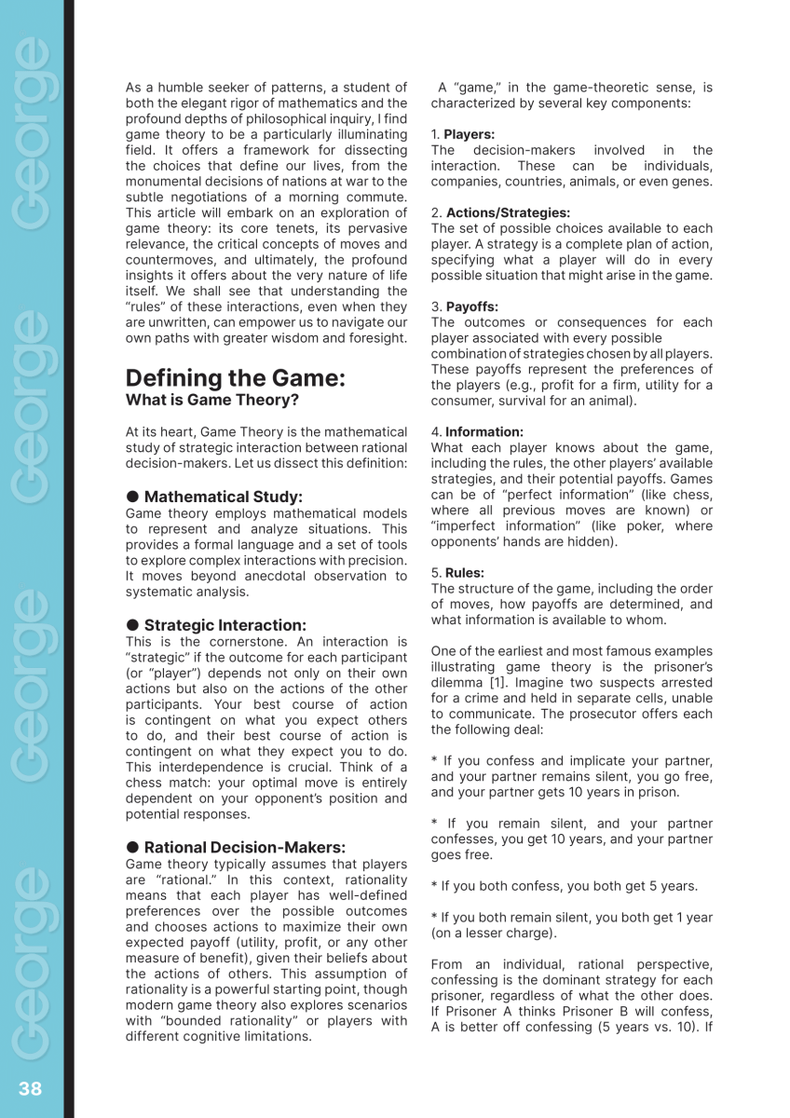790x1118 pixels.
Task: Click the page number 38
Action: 30,1088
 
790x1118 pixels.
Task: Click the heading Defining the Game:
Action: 235,378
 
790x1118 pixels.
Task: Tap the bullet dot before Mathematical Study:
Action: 132,497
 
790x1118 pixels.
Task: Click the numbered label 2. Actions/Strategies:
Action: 499,212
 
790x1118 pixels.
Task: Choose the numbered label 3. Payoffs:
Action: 464,307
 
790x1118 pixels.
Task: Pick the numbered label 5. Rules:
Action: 457,573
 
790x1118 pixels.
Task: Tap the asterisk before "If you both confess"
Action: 434,886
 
